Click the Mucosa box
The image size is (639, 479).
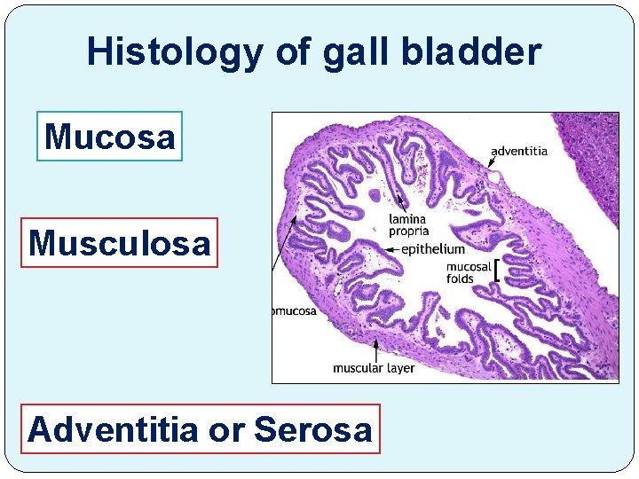(109, 136)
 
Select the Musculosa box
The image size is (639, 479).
(120, 242)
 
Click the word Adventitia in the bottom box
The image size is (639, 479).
(113, 429)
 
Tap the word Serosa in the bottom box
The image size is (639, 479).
(312, 429)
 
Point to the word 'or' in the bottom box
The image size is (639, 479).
(227, 429)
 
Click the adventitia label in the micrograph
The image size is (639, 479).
(519, 151)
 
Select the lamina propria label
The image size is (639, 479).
(408, 225)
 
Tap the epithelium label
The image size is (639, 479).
(432, 249)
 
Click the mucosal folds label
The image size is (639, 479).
(468, 272)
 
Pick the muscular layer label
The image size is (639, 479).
(374, 367)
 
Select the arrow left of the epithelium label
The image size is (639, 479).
(389, 249)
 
